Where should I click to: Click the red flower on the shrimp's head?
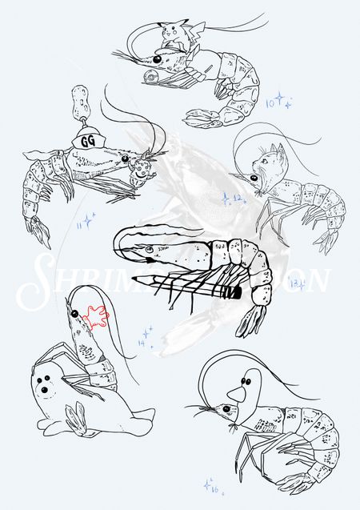[x=94, y=317]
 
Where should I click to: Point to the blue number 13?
[x=295, y=283]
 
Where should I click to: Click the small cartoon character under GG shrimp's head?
[x=142, y=169]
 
